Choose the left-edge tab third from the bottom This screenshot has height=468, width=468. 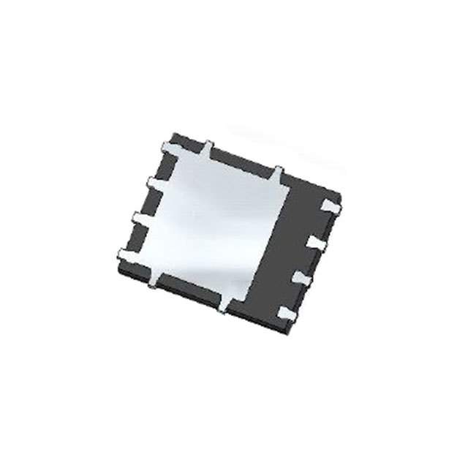152,181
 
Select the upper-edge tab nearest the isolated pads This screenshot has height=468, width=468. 279,173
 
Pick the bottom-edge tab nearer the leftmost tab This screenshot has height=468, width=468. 154,281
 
